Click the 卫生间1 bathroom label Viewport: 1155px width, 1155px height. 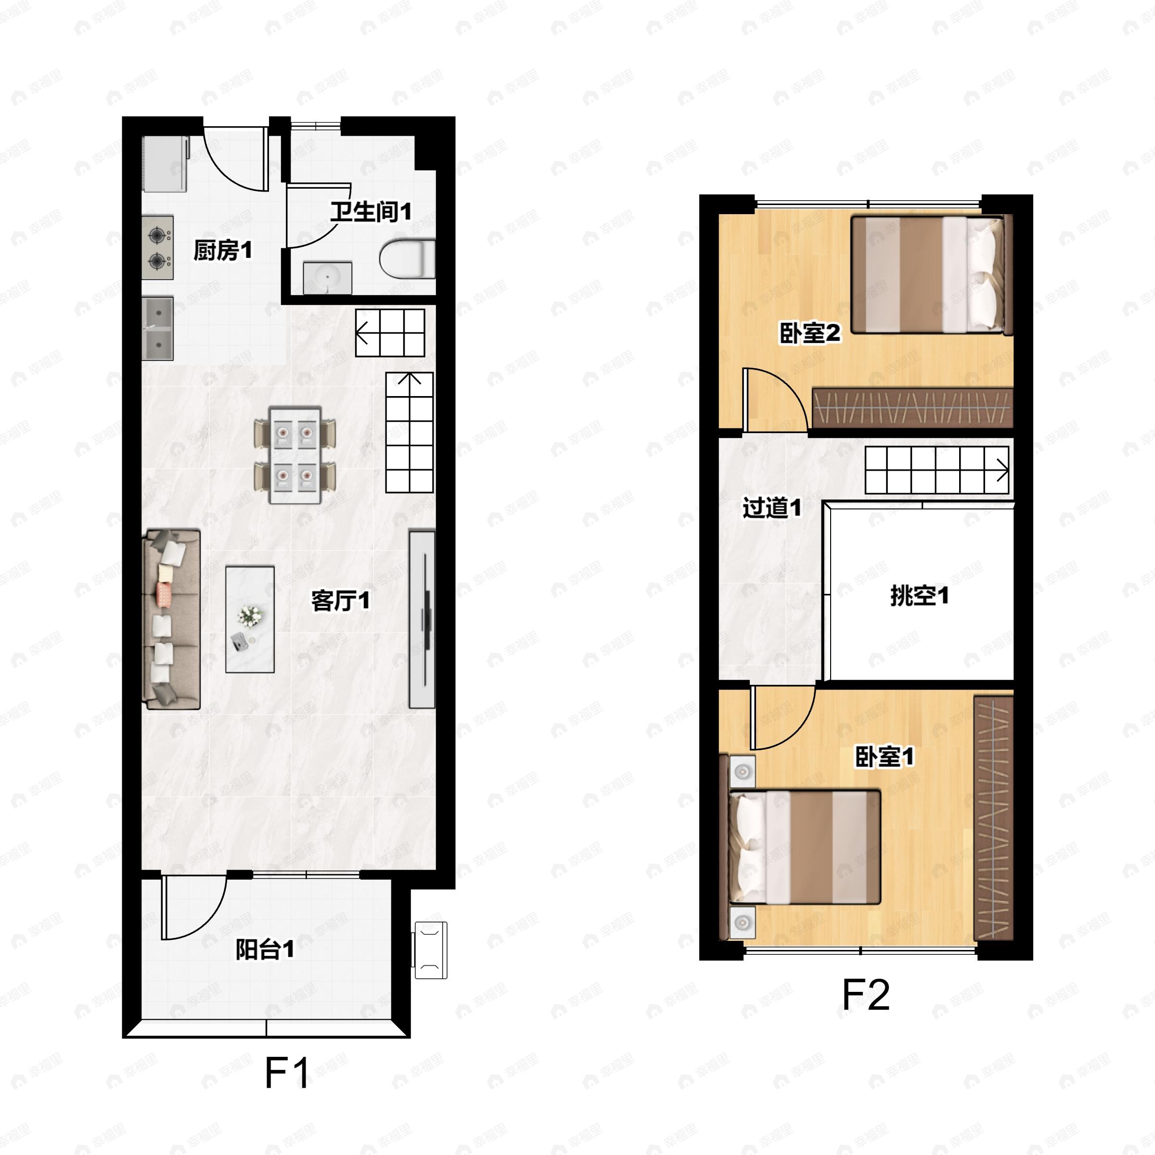click(371, 212)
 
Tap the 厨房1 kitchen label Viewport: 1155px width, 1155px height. click(223, 250)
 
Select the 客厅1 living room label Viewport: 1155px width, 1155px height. click(340, 601)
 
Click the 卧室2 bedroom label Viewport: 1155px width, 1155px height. click(810, 333)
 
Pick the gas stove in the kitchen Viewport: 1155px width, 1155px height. click(158, 247)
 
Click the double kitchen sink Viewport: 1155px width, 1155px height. click(158, 329)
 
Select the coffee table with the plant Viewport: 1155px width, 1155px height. click(250, 619)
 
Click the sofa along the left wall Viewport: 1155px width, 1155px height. click(172, 619)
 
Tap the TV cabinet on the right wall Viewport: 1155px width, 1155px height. click(422, 619)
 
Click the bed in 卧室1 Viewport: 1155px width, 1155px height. click(805, 847)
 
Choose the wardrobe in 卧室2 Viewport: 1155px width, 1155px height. click(913, 408)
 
